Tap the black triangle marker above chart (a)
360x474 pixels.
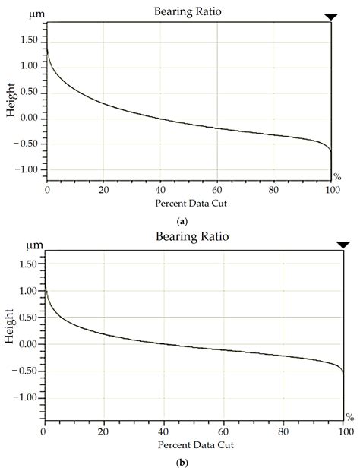pos(330,17)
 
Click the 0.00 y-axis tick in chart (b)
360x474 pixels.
pos(27,344)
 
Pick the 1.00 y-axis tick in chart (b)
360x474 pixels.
pos(27,291)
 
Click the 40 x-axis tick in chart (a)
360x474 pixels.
pos(160,190)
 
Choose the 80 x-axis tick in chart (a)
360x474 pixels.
pos(274,190)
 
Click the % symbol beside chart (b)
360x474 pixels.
pos(350,416)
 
